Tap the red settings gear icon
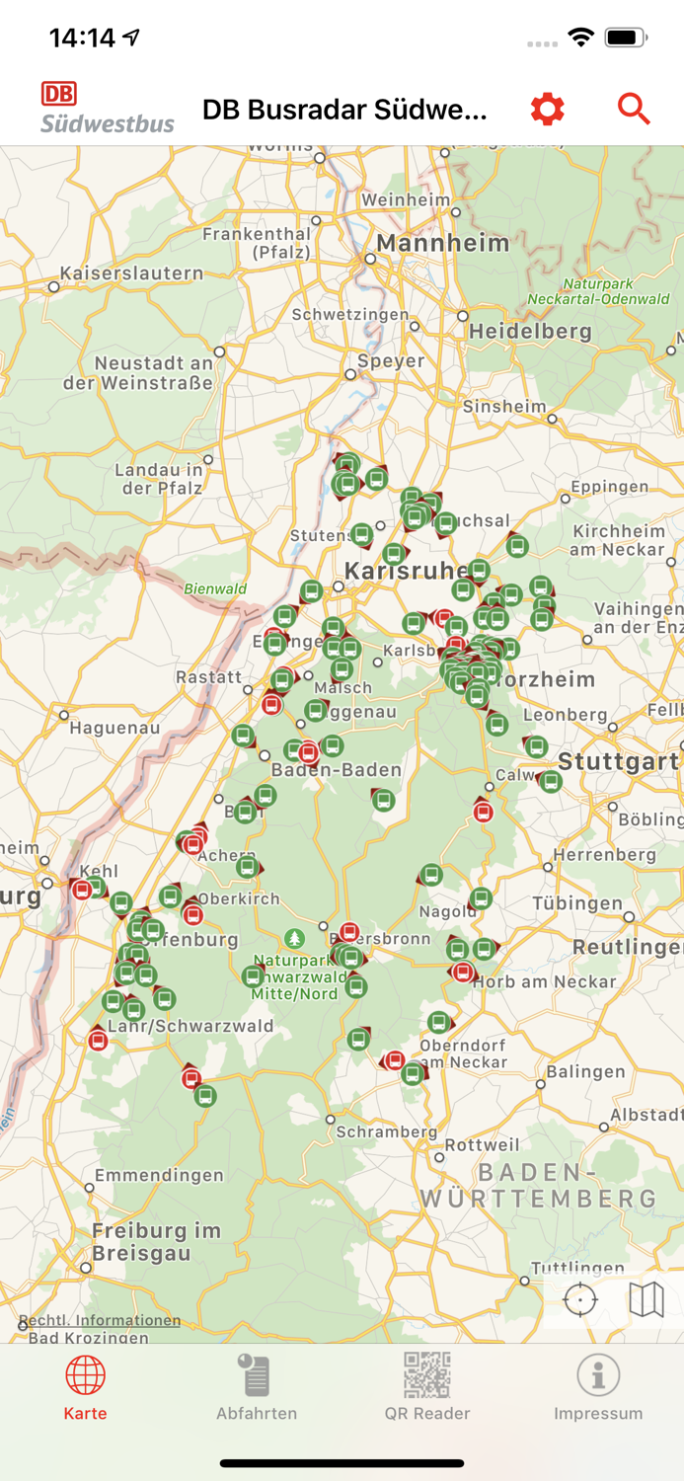click(548, 109)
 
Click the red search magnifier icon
click(634, 109)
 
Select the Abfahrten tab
click(257, 1387)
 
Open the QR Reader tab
click(427, 1387)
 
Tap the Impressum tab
click(598, 1387)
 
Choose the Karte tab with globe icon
click(86, 1387)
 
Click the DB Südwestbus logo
click(107, 109)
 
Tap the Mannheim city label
click(443, 243)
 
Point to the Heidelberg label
click(530, 331)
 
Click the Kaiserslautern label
click(131, 273)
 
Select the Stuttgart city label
click(618, 761)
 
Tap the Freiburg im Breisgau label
click(156, 1241)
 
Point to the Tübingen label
click(577, 902)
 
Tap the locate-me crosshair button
click(580, 1299)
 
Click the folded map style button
click(646, 1299)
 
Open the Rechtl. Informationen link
click(99, 1320)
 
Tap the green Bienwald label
click(215, 589)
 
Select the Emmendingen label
click(159, 1175)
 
